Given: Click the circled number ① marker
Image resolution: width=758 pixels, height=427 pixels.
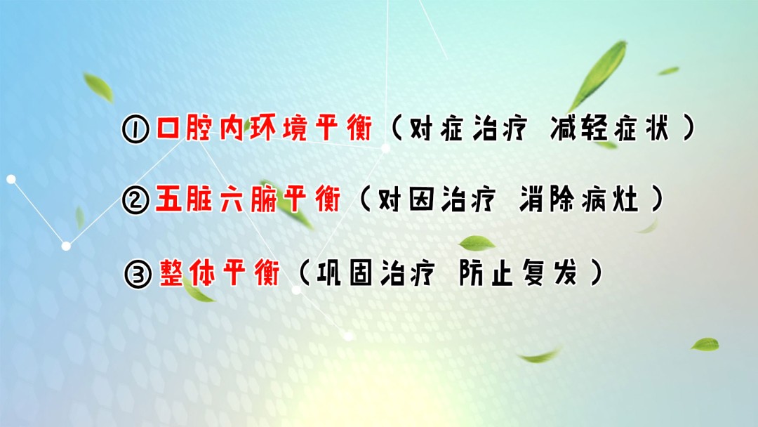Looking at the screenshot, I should [x=135, y=131].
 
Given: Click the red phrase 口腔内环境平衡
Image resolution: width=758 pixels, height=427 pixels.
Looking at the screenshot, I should [x=263, y=130].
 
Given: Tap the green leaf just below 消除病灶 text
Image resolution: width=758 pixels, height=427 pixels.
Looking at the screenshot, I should [x=477, y=244].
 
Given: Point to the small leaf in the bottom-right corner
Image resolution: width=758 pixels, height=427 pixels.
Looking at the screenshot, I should [x=705, y=344].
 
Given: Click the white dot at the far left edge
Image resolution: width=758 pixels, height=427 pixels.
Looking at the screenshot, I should [x=11, y=179].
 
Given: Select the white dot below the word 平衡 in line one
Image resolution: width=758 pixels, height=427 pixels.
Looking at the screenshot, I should [x=385, y=148].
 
